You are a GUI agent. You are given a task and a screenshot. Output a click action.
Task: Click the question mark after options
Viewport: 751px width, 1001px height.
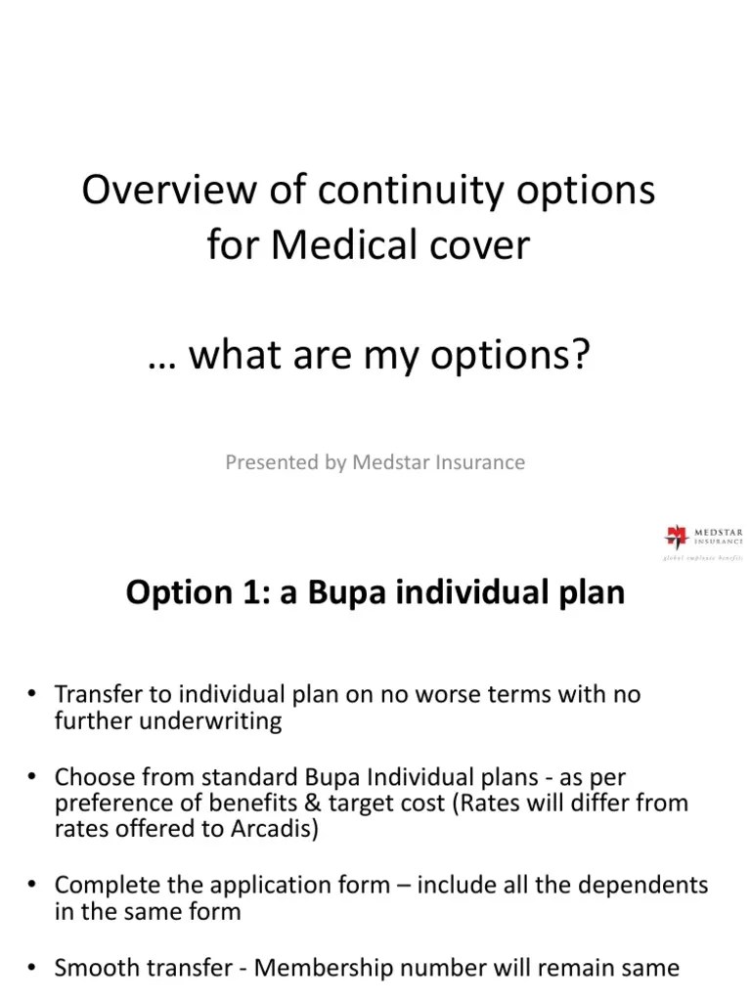pos(584,357)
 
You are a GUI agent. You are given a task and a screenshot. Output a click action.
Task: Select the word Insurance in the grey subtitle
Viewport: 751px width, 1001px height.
pos(481,462)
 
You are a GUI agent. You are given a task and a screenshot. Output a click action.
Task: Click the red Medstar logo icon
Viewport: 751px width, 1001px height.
pos(676,536)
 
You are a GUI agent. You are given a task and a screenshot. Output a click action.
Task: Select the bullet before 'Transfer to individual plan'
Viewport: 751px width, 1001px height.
pos(31,695)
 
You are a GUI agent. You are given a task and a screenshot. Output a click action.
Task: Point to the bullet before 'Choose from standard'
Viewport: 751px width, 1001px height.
pos(31,777)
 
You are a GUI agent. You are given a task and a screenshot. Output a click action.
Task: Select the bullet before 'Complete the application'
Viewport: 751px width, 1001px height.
pos(31,886)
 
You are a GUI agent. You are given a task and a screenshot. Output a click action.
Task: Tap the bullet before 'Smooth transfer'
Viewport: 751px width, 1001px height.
pos(31,968)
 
